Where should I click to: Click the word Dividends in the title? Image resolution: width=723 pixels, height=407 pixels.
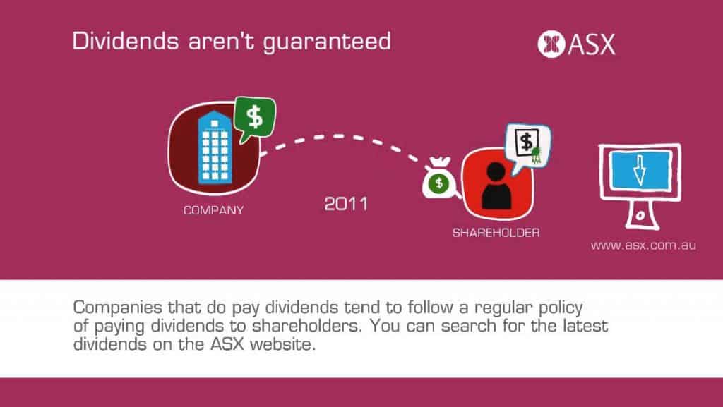click(126, 40)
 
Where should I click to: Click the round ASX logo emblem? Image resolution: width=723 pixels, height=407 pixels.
click(551, 44)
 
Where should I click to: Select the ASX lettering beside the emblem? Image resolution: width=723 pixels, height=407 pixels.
click(592, 44)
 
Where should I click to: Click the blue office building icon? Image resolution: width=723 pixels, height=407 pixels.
click(215, 147)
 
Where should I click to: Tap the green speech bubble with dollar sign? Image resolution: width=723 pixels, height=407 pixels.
click(255, 119)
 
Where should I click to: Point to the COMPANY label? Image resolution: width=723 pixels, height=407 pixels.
click(213, 210)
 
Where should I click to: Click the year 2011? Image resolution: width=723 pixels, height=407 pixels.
click(346, 204)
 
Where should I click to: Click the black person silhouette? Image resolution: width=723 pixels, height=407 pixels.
click(496, 186)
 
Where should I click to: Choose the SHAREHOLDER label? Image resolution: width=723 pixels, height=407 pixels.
click(496, 233)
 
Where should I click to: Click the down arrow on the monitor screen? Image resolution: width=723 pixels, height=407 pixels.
click(639, 170)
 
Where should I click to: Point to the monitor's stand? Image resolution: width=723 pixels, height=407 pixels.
click(641, 214)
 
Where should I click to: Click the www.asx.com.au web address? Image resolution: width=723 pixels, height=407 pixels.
click(643, 245)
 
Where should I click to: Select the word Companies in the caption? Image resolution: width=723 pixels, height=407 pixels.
click(118, 308)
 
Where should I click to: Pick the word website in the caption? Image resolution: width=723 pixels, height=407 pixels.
click(282, 344)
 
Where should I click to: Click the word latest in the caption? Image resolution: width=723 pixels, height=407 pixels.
click(585, 326)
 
